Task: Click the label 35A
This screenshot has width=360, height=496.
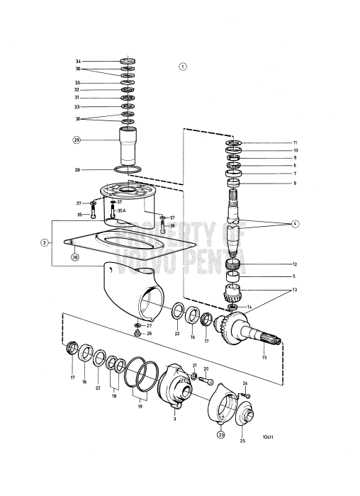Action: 121,210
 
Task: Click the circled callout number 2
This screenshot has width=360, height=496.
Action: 44,242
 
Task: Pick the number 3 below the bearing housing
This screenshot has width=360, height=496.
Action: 174,419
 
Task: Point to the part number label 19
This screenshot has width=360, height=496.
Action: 140,408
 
